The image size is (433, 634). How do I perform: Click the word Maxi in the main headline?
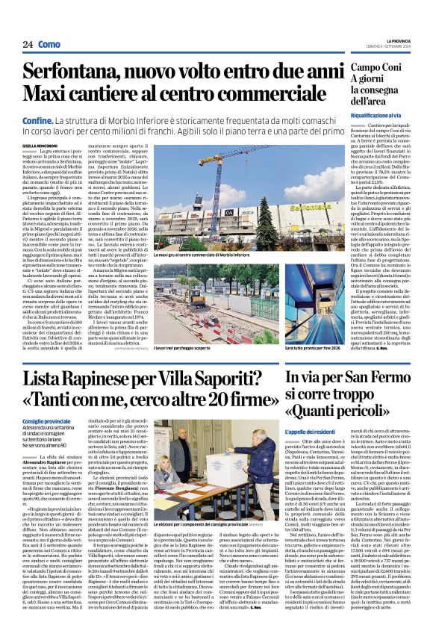[x=46, y=94]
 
